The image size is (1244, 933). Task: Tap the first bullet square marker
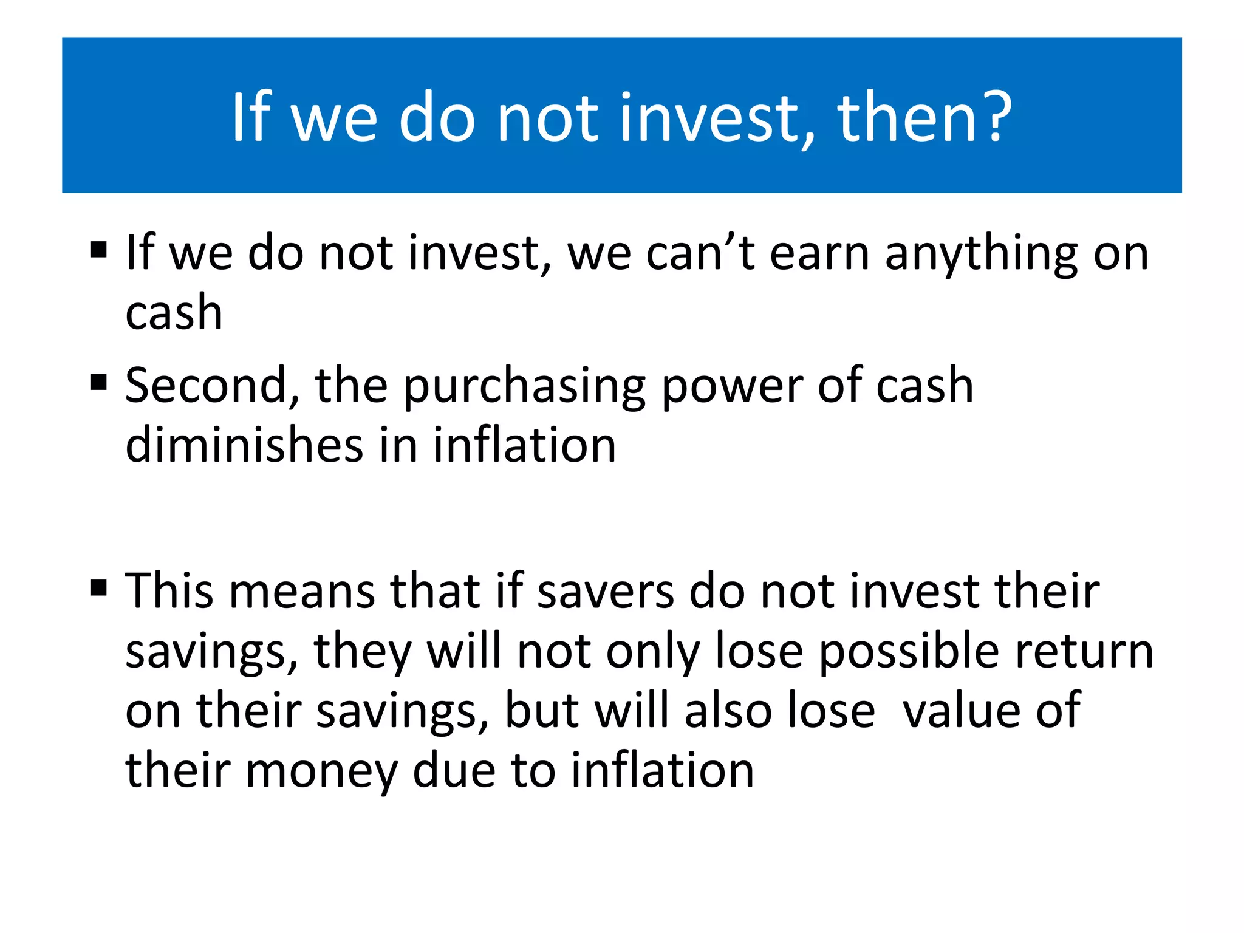tap(98, 250)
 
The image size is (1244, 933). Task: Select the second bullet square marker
tap(98, 383)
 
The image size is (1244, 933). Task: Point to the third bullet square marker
tap(98, 588)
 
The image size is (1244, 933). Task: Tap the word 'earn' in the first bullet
tap(819, 254)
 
